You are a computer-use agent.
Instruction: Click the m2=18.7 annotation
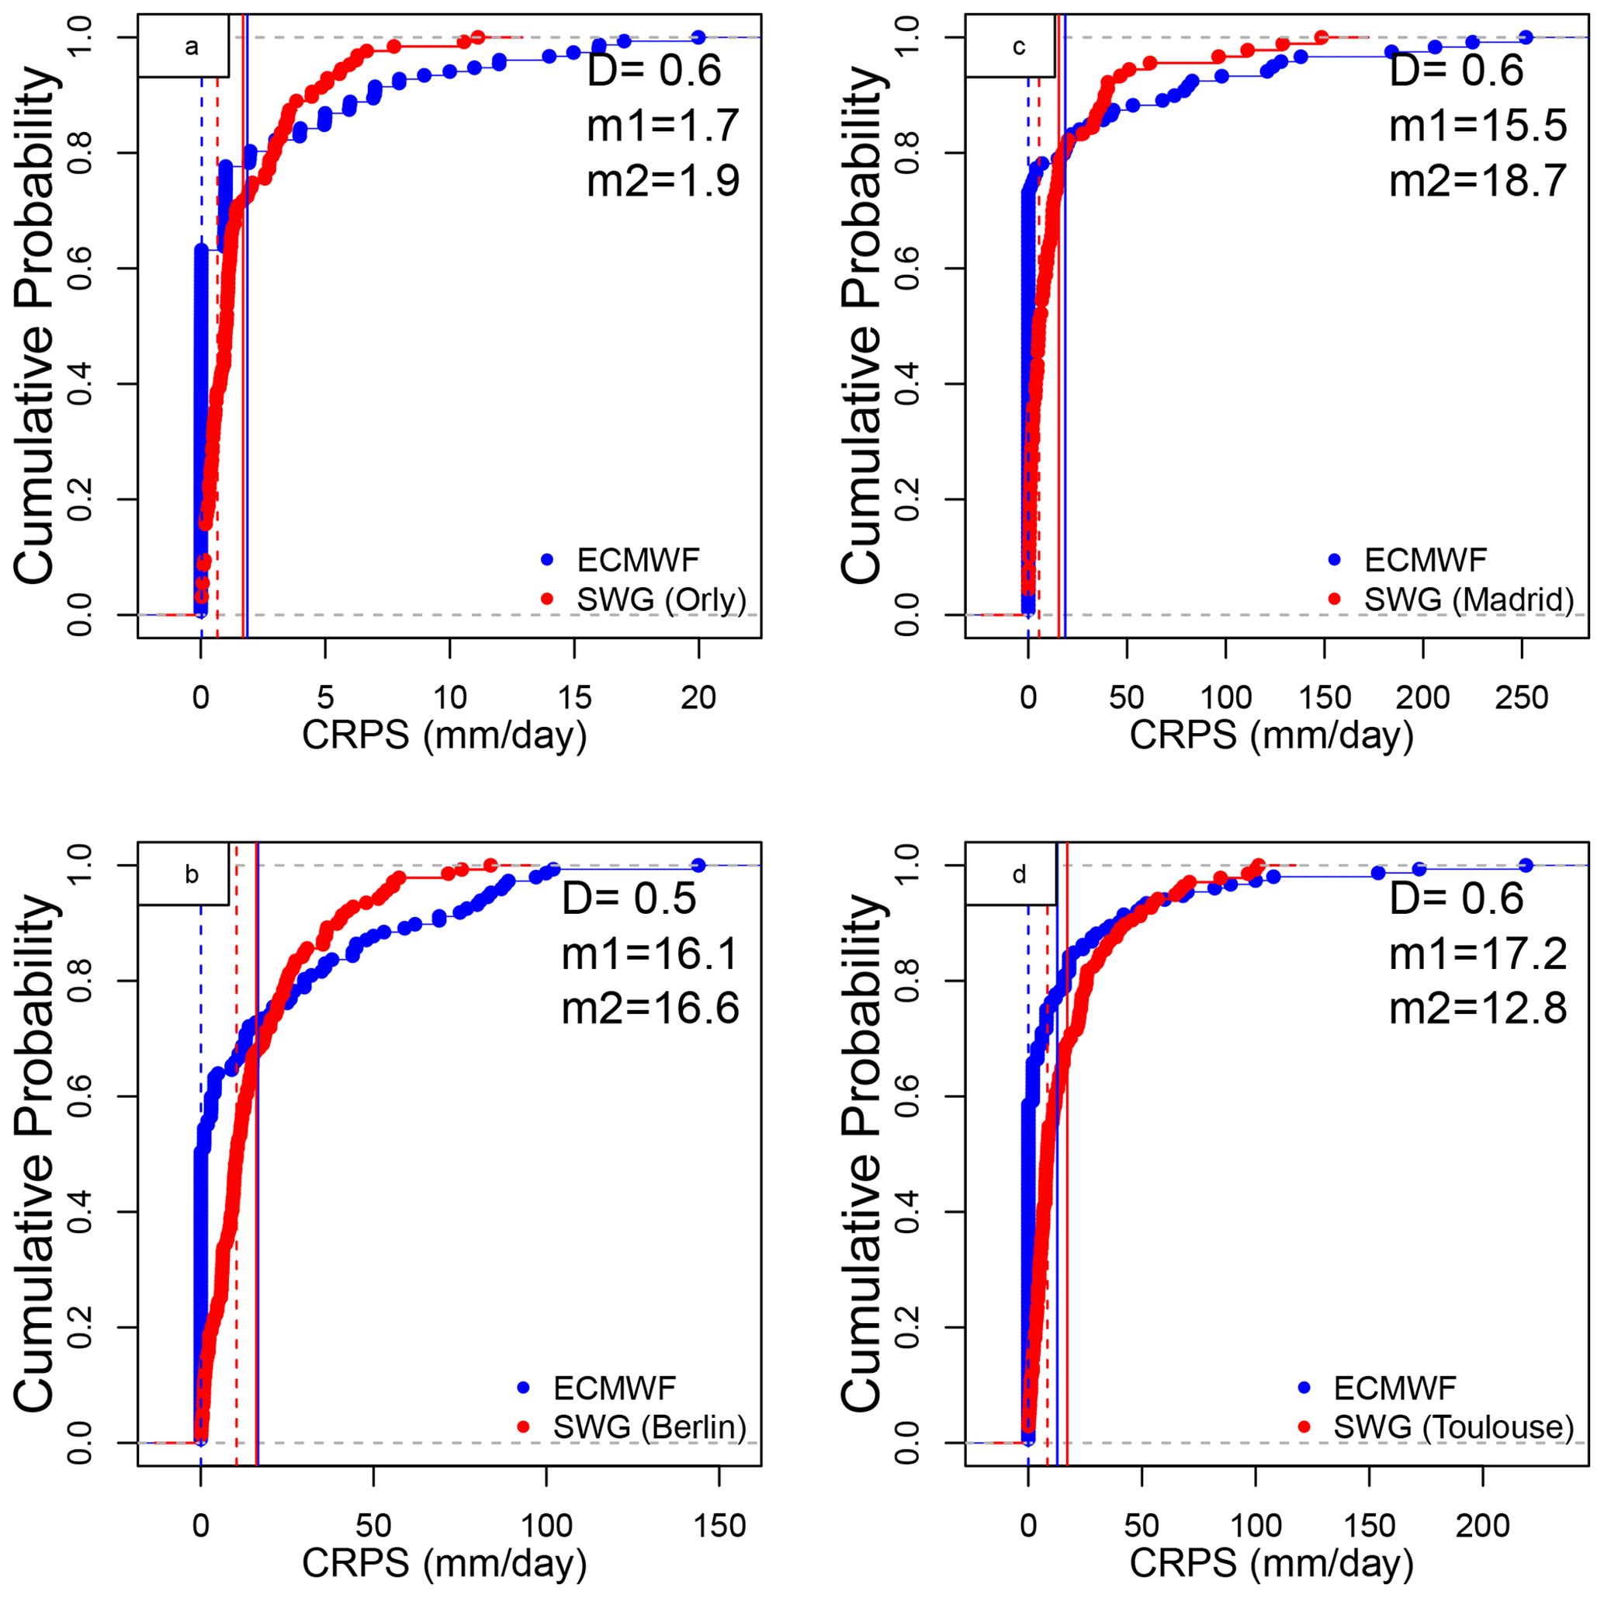tap(1478, 180)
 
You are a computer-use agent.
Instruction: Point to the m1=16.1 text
tap(650, 953)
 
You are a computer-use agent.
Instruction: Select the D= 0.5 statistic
tap(629, 898)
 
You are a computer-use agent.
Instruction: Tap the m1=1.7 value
tap(663, 126)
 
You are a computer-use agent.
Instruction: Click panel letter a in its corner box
tap(192, 47)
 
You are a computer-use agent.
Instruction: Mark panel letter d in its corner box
tap(1019, 874)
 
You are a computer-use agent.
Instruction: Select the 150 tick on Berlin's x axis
tap(719, 1526)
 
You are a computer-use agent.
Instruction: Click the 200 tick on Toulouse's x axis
tap(1483, 1526)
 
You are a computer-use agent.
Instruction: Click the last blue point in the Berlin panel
tap(698, 866)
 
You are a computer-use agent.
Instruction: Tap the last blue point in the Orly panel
tap(698, 37)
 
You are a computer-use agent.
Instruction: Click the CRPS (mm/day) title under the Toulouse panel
tap(1271, 1563)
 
